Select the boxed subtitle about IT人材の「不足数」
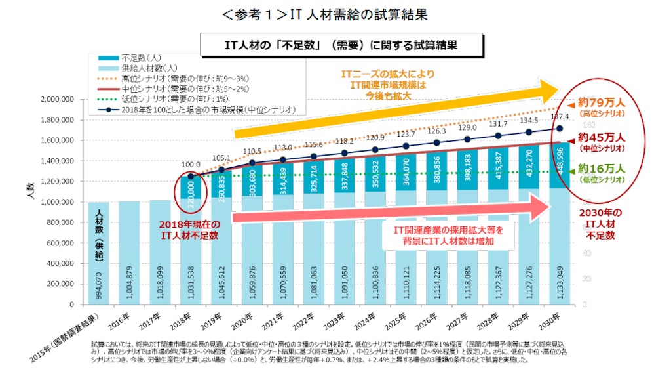pyautogui.click(x=340, y=45)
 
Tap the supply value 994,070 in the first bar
pyautogui.click(x=98, y=284)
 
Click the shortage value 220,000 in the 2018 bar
pyautogui.click(x=190, y=195)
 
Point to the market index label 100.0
pyautogui.click(x=191, y=165)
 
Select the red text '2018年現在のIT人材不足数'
pyautogui.click(x=191, y=230)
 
